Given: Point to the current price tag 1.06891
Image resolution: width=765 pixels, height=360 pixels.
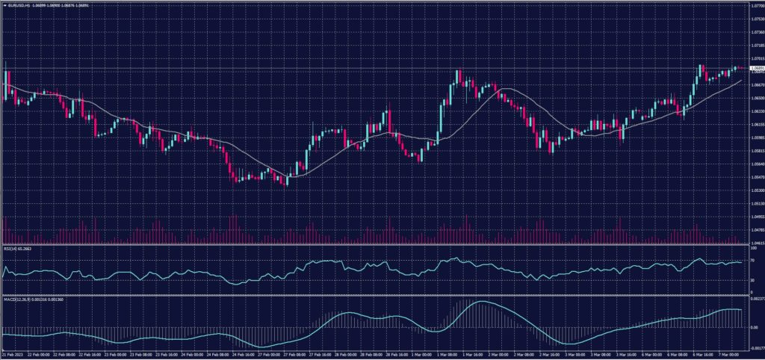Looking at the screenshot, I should point(755,69).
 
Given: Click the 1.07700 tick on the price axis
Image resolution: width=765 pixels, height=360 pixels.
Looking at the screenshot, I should point(755,6).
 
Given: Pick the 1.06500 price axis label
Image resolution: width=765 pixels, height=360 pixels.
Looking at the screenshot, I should point(755,98).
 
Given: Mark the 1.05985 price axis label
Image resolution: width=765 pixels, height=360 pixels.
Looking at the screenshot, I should point(755,137).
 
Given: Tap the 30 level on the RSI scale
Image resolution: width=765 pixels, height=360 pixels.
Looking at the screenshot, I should point(752,280).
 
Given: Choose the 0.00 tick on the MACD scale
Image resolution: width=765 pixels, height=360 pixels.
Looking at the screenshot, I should point(753,328).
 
